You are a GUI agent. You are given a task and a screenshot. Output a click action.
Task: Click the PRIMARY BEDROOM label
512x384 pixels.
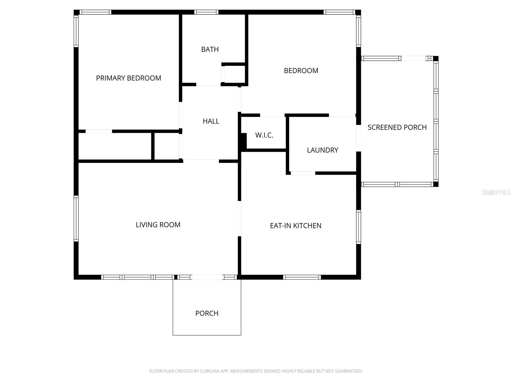coord(128,78)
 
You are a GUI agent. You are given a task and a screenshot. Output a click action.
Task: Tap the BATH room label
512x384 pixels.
coord(210,49)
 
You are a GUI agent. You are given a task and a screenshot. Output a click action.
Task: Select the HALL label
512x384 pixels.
coord(211,121)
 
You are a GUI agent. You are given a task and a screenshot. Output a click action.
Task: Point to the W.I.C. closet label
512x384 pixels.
coord(264,135)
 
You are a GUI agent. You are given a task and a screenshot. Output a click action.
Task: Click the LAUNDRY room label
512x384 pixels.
coord(322,150)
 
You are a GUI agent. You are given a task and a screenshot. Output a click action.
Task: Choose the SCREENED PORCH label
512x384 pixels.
coord(397,127)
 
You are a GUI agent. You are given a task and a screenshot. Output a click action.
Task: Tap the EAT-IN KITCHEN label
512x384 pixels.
coord(295,226)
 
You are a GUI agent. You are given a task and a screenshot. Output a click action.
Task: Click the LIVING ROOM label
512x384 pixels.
coord(158,225)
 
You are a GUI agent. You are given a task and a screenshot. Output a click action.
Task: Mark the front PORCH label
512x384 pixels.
coord(207,313)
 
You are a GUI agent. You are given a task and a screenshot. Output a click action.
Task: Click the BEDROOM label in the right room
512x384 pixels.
coord(301,71)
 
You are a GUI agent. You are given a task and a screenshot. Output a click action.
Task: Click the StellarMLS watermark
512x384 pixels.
coord(496,192)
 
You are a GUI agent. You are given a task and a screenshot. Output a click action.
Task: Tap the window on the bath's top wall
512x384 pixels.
coord(206,12)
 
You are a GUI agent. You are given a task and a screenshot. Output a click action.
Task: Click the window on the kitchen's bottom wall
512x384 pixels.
coord(302,277)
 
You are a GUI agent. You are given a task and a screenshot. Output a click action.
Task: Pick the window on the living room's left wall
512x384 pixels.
coord(76,218)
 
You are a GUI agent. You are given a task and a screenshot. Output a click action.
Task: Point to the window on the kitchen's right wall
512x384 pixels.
coord(359,227)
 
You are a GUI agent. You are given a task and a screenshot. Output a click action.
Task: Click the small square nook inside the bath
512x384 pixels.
coord(234,74)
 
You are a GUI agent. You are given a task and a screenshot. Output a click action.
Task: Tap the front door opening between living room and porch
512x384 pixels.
coord(207,277)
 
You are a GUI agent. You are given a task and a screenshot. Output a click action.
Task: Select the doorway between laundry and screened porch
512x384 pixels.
coord(359,138)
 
